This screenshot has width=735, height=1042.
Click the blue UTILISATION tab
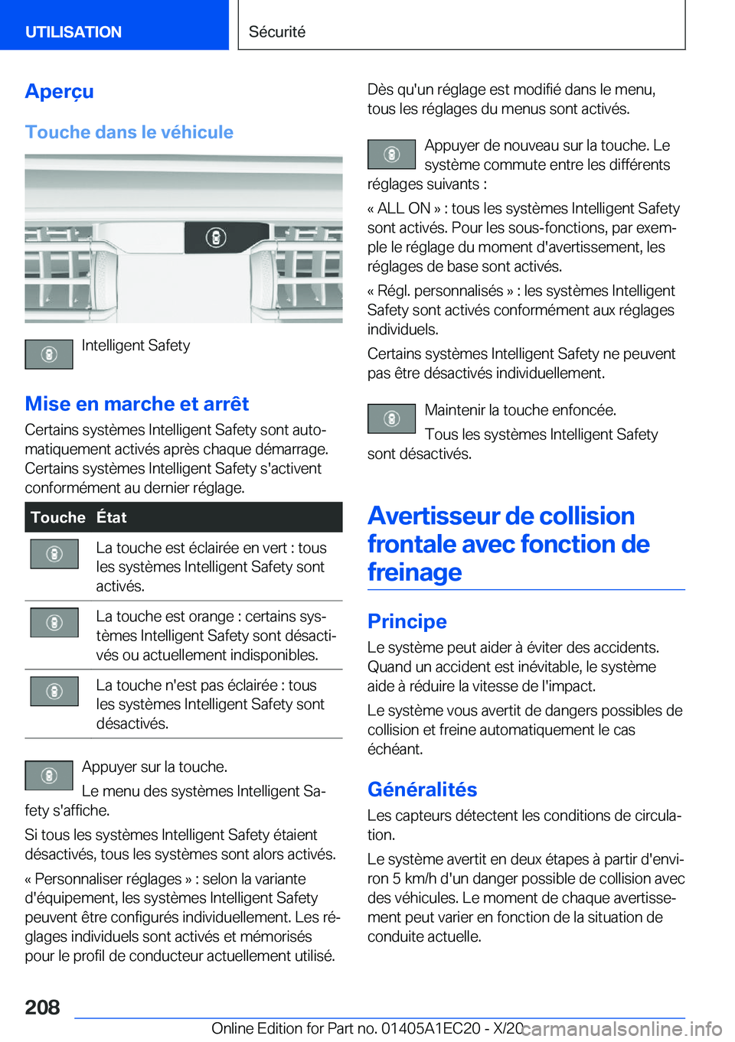[x=73, y=31]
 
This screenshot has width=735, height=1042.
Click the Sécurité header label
[x=277, y=31]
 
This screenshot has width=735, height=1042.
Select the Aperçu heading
[x=59, y=91]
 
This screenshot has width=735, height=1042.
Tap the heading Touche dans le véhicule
[x=129, y=132]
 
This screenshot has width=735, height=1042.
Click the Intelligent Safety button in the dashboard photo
[x=216, y=238]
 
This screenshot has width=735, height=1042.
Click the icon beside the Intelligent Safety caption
[x=49, y=354]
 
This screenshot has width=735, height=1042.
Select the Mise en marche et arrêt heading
[x=137, y=403]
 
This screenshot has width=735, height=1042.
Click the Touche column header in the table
[x=58, y=517]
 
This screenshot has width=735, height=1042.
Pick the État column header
[x=112, y=517]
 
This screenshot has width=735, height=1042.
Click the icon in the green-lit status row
[x=54, y=554]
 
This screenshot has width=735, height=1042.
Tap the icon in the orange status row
[x=54, y=623]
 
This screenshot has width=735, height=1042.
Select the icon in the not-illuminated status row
[x=54, y=691]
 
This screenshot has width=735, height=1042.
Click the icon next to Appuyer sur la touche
[x=49, y=775]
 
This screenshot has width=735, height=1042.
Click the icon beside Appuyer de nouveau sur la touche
[x=391, y=155]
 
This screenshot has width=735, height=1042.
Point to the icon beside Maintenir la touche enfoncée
[x=391, y=418]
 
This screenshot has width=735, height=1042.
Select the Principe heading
[x=407, y=621]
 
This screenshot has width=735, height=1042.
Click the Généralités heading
[x=422, y=789]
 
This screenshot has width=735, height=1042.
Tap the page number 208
[x=42, y=1007]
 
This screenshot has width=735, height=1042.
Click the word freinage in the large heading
[x=414, y=572]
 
